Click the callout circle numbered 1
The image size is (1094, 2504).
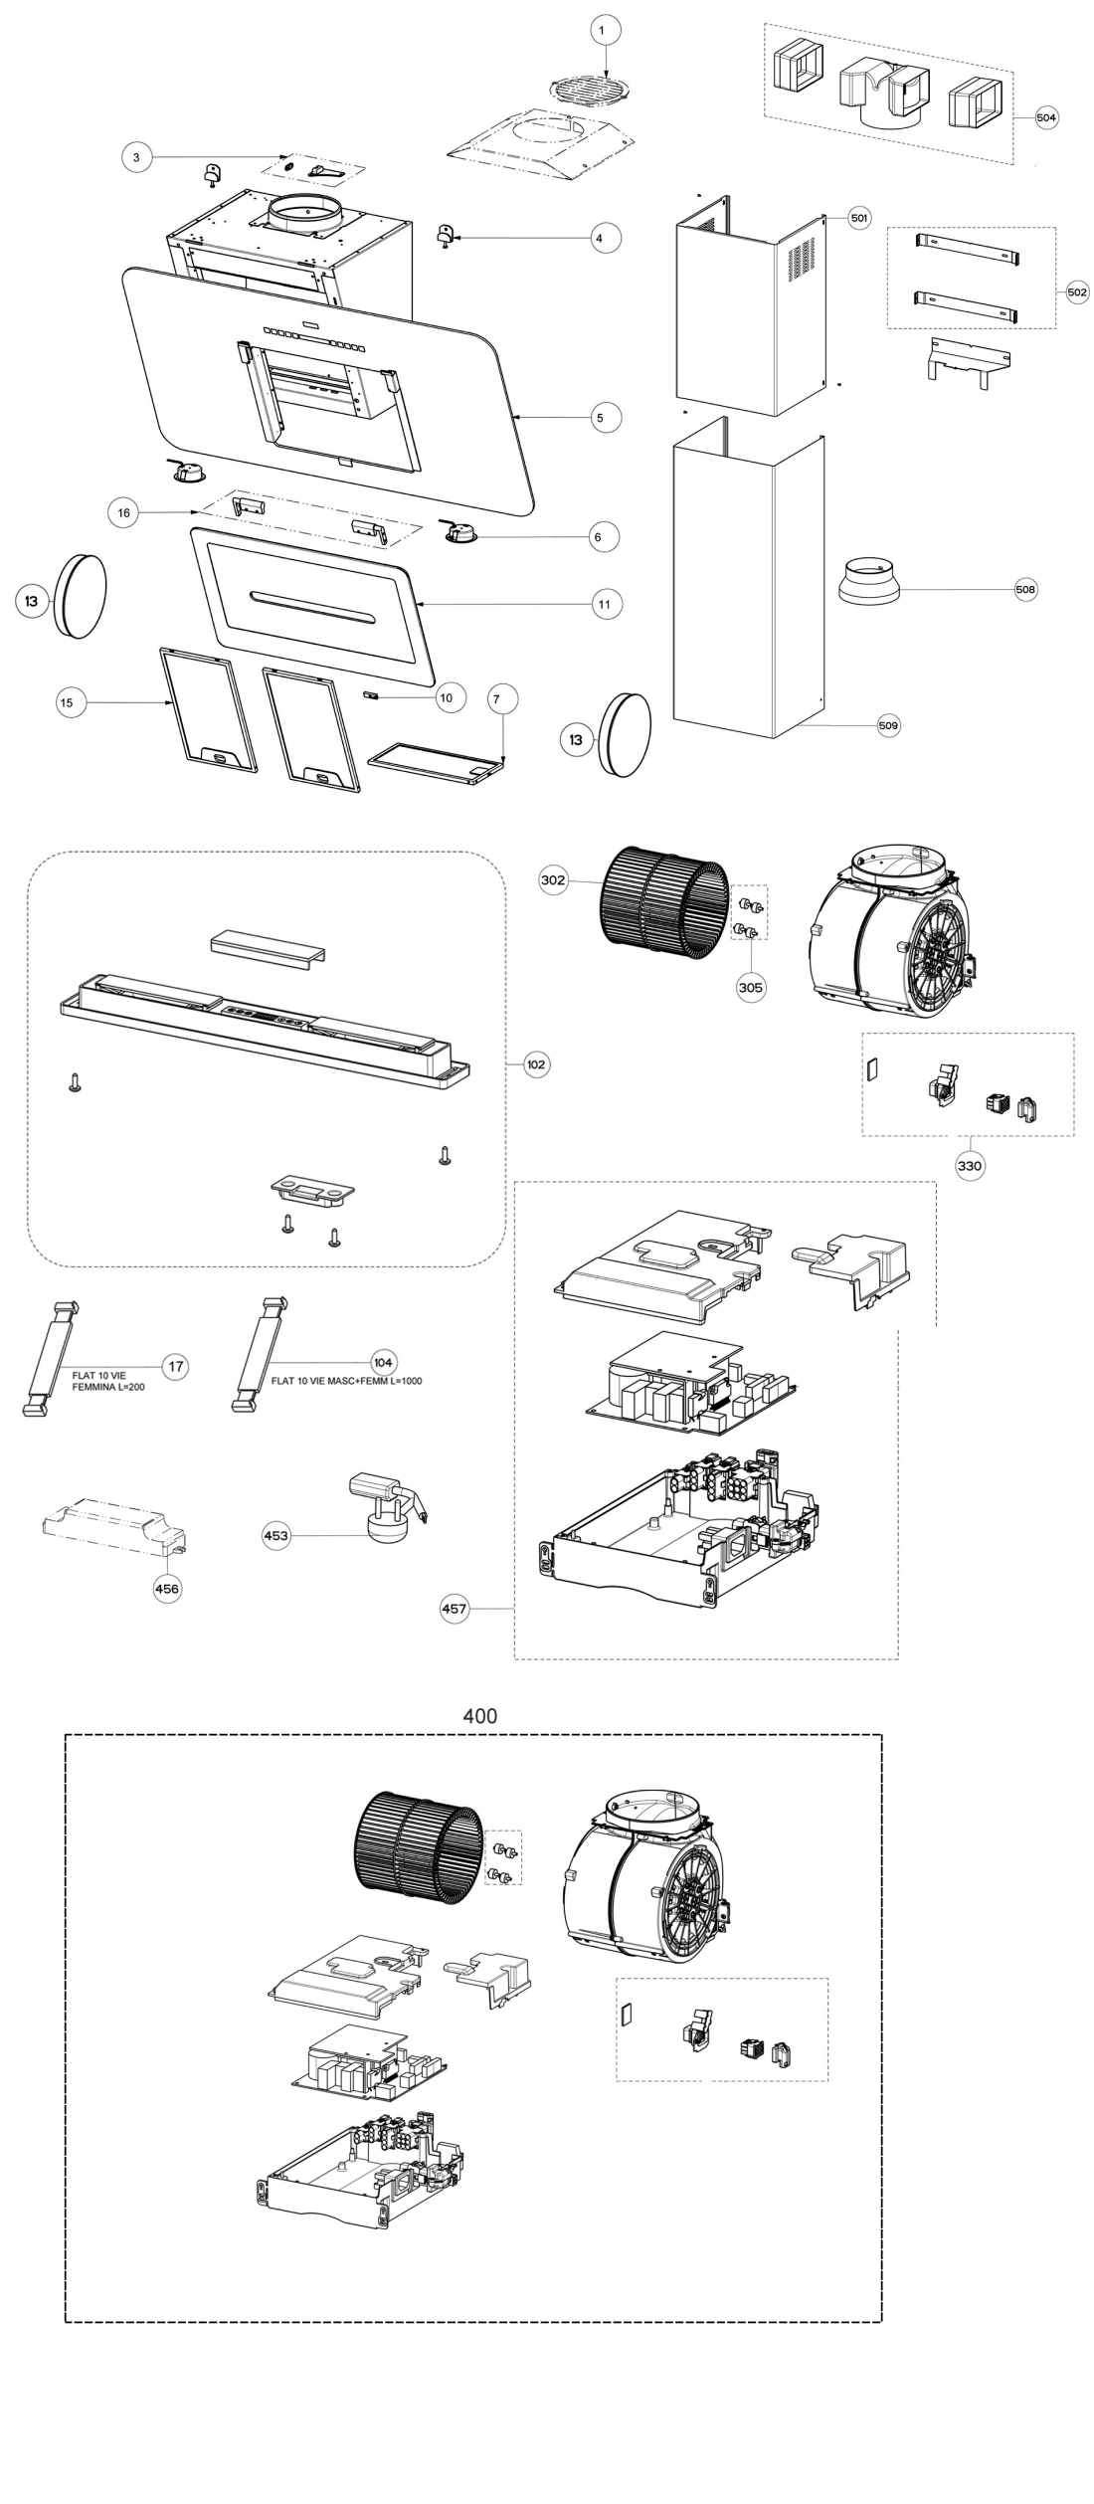[601, 32]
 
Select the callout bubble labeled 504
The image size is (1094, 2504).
[1045, 117]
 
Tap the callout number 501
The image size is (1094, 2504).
[859, 218]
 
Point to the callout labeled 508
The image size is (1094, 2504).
[1025, 590]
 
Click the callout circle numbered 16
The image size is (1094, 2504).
[123, 512]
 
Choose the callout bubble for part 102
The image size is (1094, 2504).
[536, 1064]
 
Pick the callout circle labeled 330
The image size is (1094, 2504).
[970, 1166]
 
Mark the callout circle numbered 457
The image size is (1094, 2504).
[455, 1609]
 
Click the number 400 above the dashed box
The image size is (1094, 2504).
[479, 1716]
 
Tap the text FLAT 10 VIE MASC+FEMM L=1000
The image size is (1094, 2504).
[346, 1381]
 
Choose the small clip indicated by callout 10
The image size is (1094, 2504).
[373, 695]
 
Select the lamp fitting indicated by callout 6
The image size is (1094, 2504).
[459, 533]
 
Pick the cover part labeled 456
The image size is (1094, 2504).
[111, 1526]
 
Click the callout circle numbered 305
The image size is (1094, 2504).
[751, 987]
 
